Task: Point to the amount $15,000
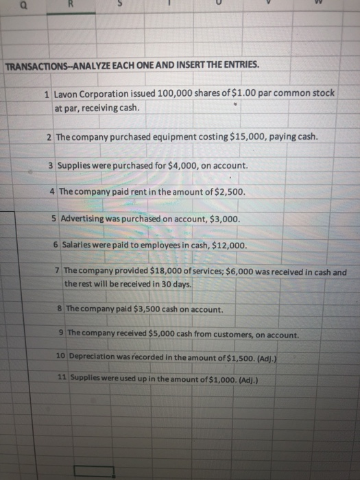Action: coord(234,136)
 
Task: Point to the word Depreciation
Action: coord(93,357)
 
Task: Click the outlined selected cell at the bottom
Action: coord(94,471)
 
